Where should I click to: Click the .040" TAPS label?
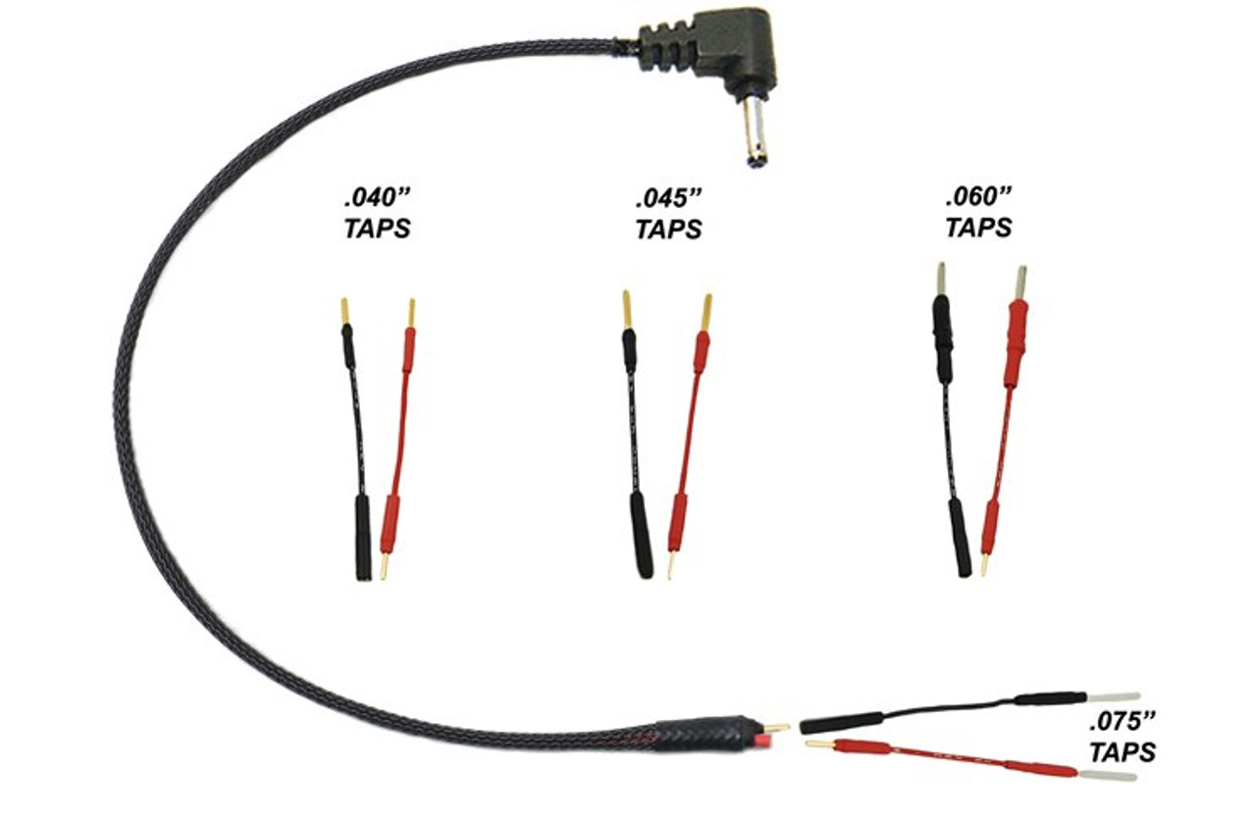[x=377, y=212]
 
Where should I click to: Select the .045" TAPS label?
[x=669, y=212]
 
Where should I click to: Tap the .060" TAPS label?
[x=978, y=212]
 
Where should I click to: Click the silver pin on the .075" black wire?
[x=1114, y=697]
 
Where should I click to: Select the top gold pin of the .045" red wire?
[x=706, y=312]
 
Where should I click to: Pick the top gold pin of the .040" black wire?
[x=345, y=312]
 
